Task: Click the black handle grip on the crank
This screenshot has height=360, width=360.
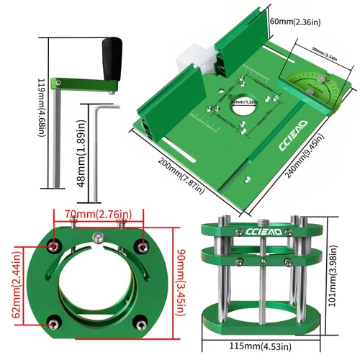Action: (111, 60)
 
